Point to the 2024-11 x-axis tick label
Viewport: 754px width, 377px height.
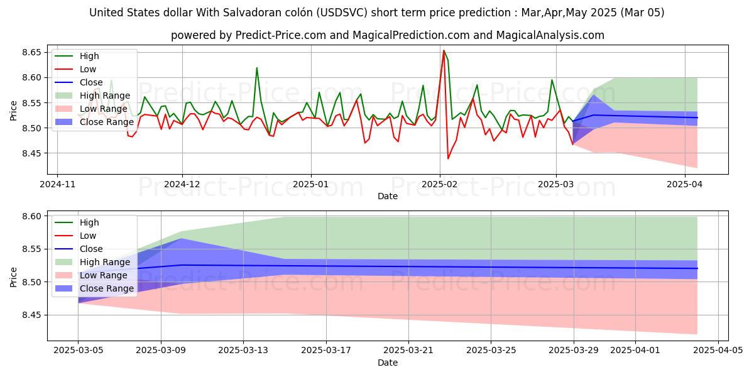pyautogui.click(x=57, y=185)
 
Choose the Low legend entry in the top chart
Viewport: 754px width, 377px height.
pyautogui.click(x=87, y=68)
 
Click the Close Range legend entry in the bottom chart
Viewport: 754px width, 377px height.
pyautogui.click(x=106, y=288)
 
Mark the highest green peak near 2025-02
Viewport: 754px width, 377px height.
pyautogui.click(x=444, y=50)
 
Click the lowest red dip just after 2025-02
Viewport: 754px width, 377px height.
pyautogui.click(x=448, y=158)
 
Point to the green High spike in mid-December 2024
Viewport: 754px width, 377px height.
pyautogui.click(x=256, y=68)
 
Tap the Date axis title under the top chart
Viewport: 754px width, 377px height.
pyautogui.click(x=388, y=196)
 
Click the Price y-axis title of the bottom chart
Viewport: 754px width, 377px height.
pyautogui.click(x=14, y=276)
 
